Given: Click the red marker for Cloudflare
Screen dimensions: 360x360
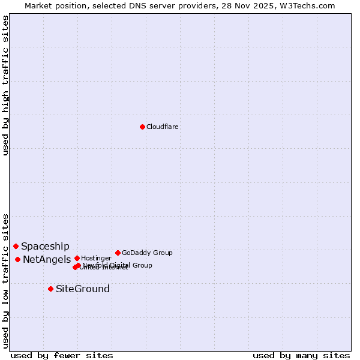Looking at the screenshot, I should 142,127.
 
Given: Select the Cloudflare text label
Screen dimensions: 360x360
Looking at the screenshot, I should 162,127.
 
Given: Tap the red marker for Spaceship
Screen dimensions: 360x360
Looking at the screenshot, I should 16,246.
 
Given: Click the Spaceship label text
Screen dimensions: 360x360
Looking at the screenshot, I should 45,246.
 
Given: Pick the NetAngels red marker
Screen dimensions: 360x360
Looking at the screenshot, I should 18,259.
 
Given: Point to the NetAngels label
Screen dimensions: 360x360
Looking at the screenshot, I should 47,259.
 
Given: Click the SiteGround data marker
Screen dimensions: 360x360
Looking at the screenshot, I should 51,289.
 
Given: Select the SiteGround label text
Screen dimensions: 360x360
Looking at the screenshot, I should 83,289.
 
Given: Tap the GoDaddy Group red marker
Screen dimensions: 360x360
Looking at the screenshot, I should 118,253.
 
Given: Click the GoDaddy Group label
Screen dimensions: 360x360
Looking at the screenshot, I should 147,253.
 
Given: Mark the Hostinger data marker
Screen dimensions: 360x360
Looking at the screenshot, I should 77,258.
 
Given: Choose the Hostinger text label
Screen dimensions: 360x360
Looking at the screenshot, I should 96,258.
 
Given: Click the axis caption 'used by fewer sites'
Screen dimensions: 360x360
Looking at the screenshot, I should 62,355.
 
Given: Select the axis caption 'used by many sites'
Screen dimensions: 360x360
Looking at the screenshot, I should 301,355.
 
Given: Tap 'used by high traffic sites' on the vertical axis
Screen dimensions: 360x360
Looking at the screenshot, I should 5,85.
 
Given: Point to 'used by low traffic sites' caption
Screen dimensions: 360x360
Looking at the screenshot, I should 5,281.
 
